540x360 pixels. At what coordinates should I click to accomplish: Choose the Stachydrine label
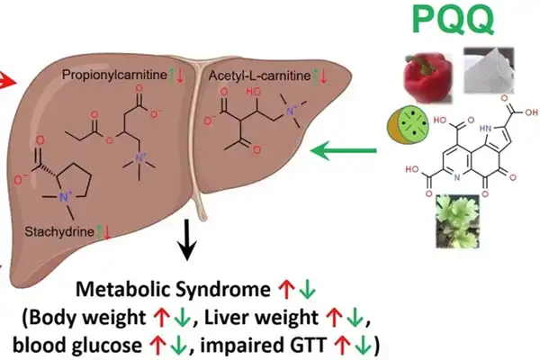[x=59, y=232]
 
